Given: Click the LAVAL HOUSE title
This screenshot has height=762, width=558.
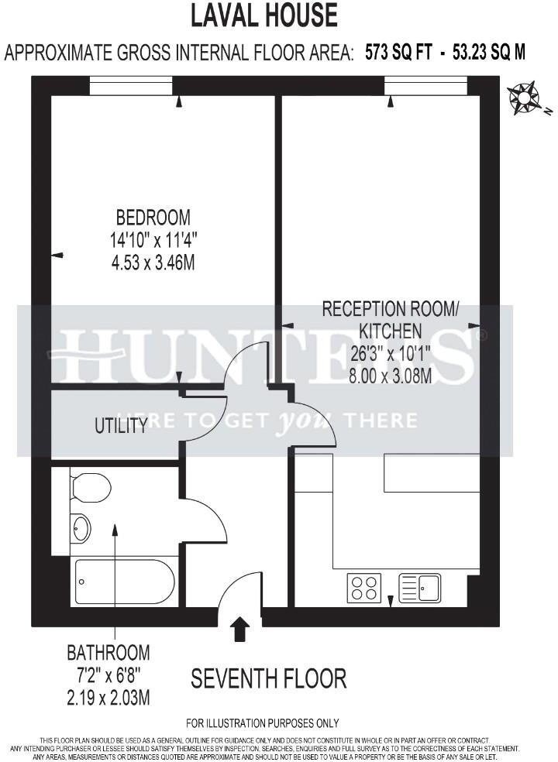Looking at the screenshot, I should [x=264, y=15].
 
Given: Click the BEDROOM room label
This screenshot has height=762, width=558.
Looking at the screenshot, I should [x=153, y=217].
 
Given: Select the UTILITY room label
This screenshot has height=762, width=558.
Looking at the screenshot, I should [x=121, y=425].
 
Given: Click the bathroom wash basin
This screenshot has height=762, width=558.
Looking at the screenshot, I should [x=81, y=528].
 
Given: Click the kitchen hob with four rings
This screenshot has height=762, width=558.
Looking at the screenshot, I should [x=363, y=588].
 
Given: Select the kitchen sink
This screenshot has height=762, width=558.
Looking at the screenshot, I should [x=419, y=588].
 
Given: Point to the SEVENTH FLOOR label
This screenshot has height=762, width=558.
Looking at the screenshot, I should [x=268, y=679].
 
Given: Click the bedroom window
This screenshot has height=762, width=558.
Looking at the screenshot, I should [x=130, y=85].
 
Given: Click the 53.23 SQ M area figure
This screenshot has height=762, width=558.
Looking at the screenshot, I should [x=488, y=53].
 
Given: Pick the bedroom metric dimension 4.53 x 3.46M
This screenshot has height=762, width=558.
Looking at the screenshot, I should [x=153, y=263].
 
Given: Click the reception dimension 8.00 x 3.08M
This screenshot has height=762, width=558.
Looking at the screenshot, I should [x=390, y=374].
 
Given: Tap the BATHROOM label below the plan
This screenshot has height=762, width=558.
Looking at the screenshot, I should [x=108, y=652].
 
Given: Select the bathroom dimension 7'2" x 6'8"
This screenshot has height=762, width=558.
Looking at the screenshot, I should [x=108, y=675].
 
